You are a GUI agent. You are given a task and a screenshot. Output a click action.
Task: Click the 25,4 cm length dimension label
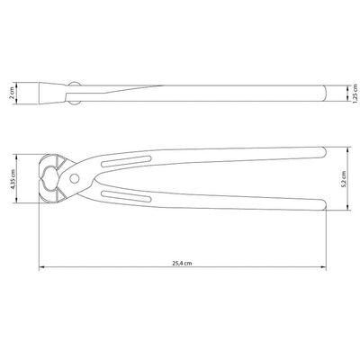point(182,263)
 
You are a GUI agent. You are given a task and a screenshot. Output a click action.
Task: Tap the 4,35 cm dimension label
point(13,179)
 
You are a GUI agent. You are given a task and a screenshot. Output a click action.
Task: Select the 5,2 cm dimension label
point(344,179)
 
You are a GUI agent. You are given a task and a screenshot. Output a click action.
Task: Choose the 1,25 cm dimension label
point(355,94)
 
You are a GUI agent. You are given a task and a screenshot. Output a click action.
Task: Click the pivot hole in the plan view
point(74,178)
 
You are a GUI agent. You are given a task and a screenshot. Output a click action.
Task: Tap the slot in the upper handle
point(126,161)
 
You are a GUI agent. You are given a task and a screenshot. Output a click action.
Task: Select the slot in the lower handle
point(126,196)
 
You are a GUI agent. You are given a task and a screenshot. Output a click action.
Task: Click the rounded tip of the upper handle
point(323,152)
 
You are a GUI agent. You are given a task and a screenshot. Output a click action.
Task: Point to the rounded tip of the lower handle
point(323,204)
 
